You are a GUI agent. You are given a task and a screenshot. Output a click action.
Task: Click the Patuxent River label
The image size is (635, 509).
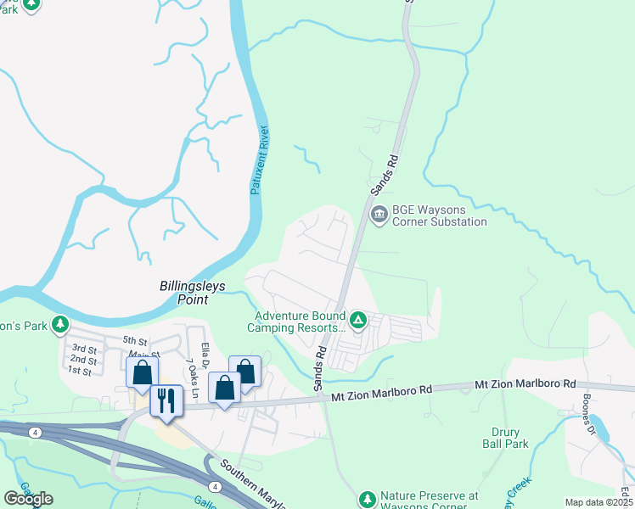point(260,160)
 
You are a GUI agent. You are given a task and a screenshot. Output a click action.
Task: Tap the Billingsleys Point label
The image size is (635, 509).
point(193,294)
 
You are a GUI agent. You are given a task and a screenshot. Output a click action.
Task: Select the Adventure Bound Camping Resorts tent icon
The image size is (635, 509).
point(358,320)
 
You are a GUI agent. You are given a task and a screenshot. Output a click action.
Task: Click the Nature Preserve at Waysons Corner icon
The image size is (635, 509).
point(367,499)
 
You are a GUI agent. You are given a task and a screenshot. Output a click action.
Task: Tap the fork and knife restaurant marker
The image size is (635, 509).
point(166,400)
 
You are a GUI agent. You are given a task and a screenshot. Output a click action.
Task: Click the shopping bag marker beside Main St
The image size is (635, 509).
point(142,372)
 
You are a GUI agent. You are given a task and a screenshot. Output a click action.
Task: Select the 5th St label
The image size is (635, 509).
point(135,341)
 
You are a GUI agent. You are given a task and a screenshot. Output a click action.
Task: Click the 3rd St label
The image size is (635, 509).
point(84,349)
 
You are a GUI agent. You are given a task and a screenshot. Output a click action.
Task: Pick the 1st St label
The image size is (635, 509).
point(79,371)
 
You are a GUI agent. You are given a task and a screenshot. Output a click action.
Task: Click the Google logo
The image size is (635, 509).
point(28,499)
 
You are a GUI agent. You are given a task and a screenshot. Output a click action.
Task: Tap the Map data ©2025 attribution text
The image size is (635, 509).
point(598,502)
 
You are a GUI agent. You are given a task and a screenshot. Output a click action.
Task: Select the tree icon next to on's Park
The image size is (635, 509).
point(59,324)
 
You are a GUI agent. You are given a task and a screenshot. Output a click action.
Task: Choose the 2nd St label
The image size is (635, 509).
point(81,361)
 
